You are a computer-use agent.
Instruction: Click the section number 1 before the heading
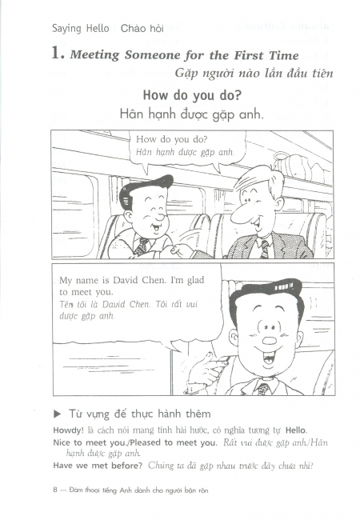tap(57, 54)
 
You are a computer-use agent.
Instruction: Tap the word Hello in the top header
tap(98, 29)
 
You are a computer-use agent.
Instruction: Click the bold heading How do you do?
tap(192, 95)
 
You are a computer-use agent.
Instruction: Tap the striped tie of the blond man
tap(264, 249)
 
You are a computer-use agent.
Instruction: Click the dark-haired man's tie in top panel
tap(142, 246)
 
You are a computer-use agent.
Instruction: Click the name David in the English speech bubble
tap(126, 280)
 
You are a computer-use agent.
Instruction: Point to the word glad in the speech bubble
tap(195, 280)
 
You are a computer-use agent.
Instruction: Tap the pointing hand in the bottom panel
tap(204, 371)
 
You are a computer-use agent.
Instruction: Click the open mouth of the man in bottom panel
tap(269, 358)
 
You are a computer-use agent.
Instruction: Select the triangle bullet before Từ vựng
tap(58, 414)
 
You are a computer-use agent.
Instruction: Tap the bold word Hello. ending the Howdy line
tap(296, 430)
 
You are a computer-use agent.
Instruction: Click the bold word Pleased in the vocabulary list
tap(146, 442)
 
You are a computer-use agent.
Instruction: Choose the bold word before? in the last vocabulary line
tap(126, 466)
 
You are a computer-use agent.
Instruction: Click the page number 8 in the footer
tap(55, 490)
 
